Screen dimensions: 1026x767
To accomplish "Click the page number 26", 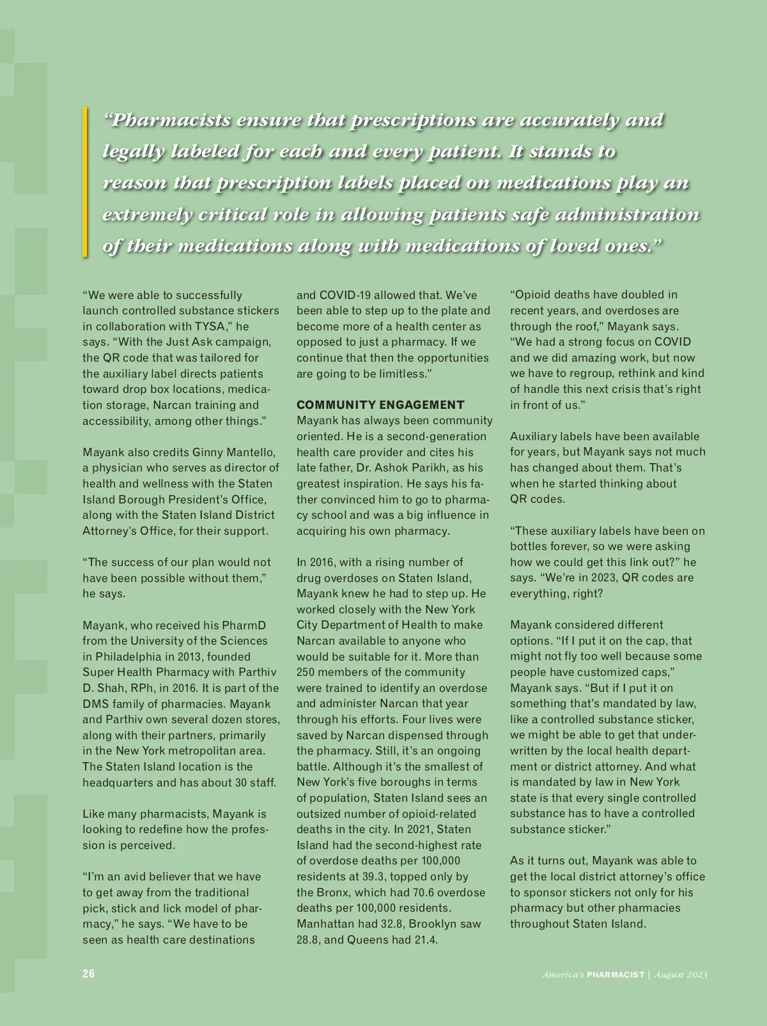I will click(x=88, y=974).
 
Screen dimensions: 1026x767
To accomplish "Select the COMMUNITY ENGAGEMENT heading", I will click(x=380, y=405).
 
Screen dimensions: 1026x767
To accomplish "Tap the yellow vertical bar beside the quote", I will click(x=84, y=182).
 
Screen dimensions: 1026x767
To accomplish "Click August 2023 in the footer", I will click(x=681, y=974).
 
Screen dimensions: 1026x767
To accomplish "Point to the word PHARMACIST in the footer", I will click(x=616, y=974).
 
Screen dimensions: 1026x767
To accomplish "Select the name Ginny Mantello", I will click(x=234, y=452).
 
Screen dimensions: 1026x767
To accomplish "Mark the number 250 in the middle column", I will click(x=306, y=672).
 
